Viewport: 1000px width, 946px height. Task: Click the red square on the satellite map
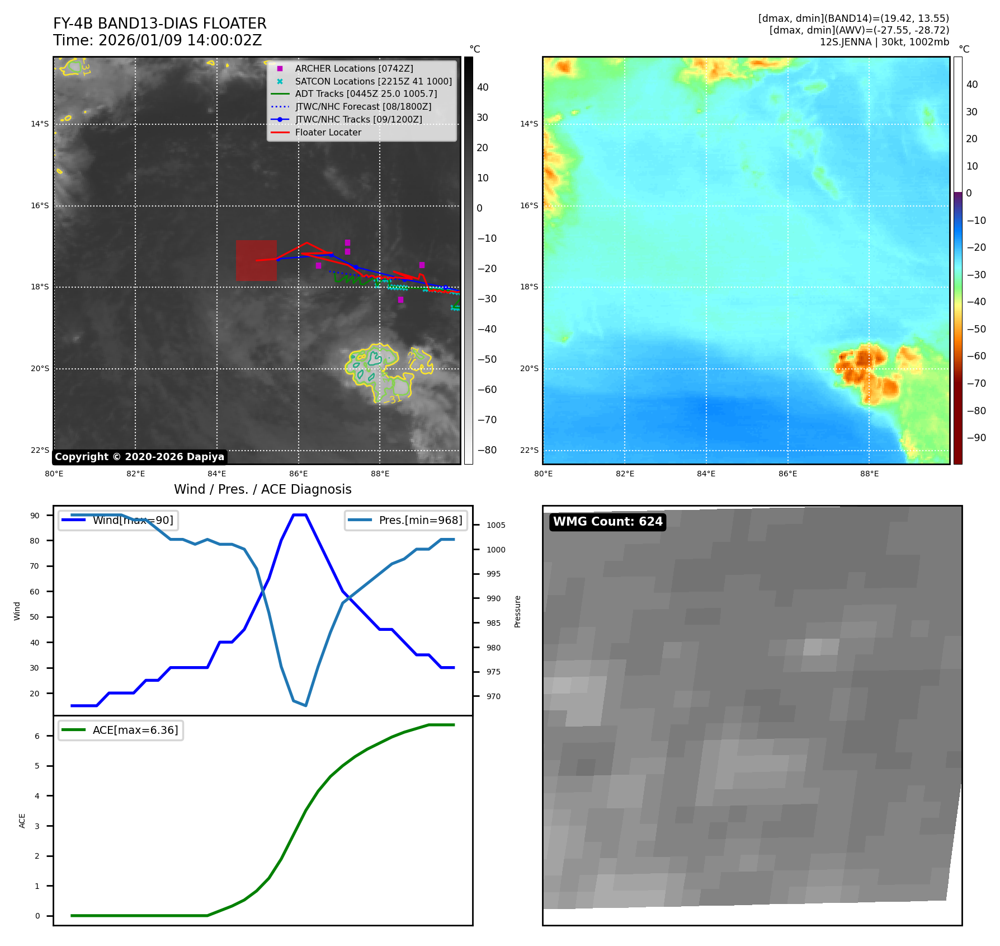click(x=256, y=260)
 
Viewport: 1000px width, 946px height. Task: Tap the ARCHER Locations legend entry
click(x=353, y=68)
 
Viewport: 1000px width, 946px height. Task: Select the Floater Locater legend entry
click(x=328, y=133)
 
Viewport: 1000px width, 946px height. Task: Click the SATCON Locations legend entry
click(x=373, y=81)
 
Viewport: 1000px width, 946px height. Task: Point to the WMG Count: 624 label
click(x=607, y=522)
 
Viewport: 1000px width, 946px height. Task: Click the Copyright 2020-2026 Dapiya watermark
click(x=139, y=457)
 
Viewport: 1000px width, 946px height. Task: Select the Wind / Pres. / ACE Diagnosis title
click(x=262, y=489)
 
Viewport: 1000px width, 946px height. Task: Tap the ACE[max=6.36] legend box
click(x=121, y=730)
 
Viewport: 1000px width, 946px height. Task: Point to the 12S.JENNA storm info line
click(x=884, y=42)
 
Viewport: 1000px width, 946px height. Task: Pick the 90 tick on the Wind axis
click(x=35, y=516)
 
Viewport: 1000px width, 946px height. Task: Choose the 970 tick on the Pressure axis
click(x=493, y=696)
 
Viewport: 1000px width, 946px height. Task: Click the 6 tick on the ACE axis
click(x=37, y=736)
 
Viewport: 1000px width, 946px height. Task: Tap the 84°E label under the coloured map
click(x=706, y=474)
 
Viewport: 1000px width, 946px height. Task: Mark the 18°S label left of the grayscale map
click(x=40, y=287)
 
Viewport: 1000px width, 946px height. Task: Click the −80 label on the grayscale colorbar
click(x=487, y=450)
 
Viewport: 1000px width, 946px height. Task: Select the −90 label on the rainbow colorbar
click(x=976, y=438)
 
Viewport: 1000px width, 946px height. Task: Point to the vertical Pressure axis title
click(x=517, y=611)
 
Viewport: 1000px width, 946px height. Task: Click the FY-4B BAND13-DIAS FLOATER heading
click(x=159, y=24)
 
